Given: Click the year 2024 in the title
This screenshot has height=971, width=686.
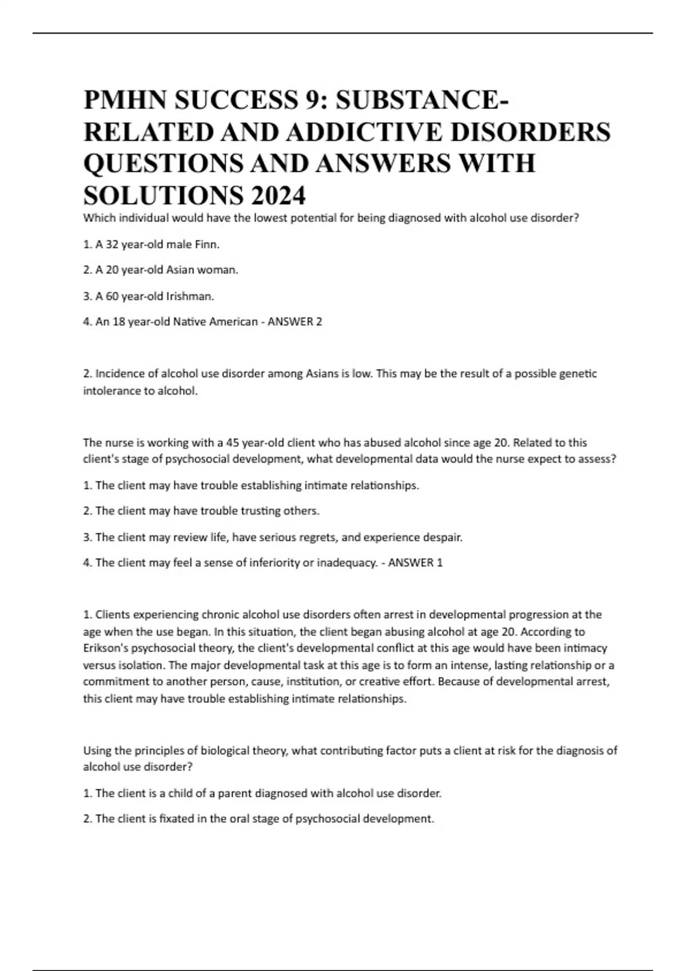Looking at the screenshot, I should click(277, 195).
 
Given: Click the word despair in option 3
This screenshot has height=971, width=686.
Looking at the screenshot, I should click(441, 537).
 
